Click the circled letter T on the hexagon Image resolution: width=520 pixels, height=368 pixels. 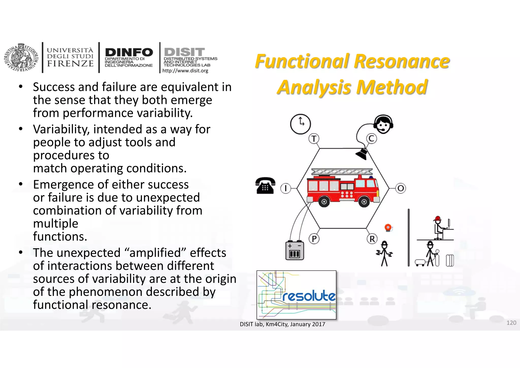pyautogui.click(x=314, y=139)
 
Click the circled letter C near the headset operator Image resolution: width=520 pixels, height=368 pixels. pyautogui.click(x=371, y=139)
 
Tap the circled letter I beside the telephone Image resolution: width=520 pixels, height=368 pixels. pyautogui.click(x=286, y=188)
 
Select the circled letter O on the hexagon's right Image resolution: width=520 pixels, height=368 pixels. pyautogui.click(x=401, y=188)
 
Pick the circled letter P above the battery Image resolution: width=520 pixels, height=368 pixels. pyautogui.click(x=314, y=239)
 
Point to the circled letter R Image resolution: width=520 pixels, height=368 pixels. pyautogui.click(x=372, y=239)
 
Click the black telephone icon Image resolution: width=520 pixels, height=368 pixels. pyautogui.click(x=265, y=186)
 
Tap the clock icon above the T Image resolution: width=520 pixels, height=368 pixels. pyautogui.click(x=301, y=124)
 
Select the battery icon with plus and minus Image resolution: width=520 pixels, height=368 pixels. pyautogui.click(x=295, y=250)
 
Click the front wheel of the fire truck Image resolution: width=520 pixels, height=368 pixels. pyautogui.click(x=364, y=202)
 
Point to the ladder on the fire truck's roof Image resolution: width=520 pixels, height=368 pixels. pyautogui.click(x=342, y=172)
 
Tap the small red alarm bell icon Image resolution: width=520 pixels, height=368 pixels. pyautogui.click(x=388, y=227)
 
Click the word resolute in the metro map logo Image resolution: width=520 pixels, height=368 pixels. pyautogui.click(x=309, y=296)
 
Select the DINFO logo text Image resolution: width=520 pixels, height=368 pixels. pyautogui.click(x=129, y=53)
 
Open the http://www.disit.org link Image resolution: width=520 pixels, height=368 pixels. pyautogui.click(x=185, y=71)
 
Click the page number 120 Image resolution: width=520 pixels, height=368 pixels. pyautogui.click(x=511, y=323)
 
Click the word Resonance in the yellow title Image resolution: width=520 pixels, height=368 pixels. pyautogui.click(x=402, y=62)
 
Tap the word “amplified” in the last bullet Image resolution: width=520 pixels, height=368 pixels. pyautogui.click(x=155, y=253)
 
